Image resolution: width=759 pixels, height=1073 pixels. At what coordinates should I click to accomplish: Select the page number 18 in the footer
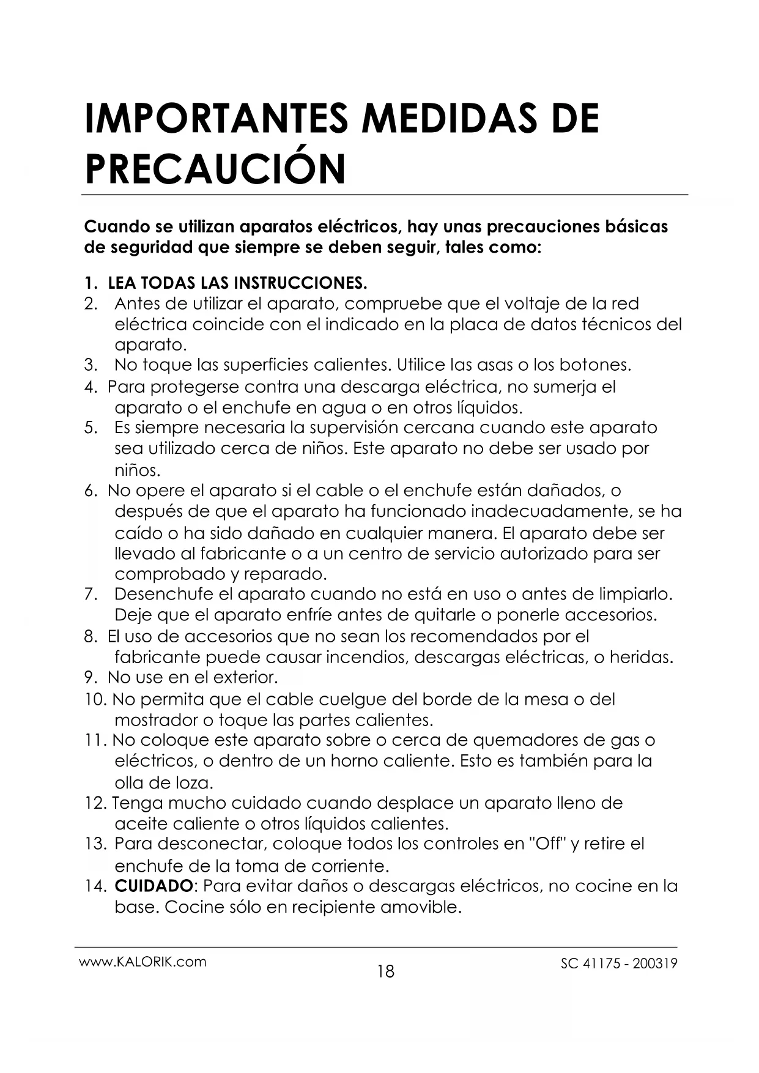coord(386,971)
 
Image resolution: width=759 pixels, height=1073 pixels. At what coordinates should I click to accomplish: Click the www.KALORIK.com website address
coord(143,961)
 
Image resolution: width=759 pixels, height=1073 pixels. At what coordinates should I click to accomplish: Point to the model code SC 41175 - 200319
coord(619,963)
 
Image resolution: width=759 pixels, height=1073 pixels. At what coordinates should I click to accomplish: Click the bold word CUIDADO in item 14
coord(154,886)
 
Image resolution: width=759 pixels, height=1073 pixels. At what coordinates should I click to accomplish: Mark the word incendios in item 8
coord(368,658)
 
